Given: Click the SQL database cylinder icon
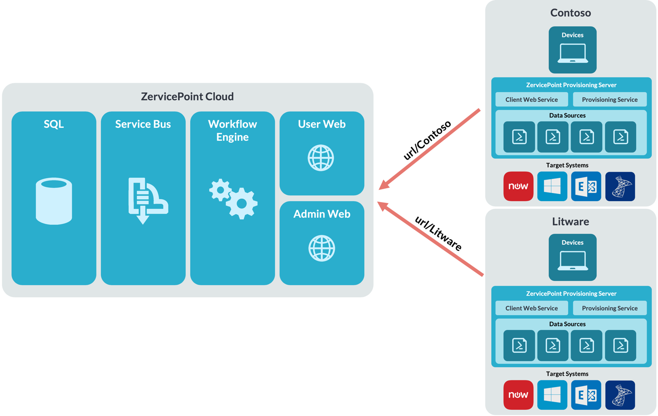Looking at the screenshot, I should coord(54,201).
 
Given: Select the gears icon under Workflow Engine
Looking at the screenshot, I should coord(233,199).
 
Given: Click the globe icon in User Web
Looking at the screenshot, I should coord(321,158).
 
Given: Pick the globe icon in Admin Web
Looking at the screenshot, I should coord(321,248).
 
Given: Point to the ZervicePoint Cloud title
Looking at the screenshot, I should coord(187,97).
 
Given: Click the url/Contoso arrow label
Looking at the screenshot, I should coord(426,140).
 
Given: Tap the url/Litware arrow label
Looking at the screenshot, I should coord(438,233).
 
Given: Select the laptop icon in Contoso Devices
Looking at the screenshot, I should coord(572,53).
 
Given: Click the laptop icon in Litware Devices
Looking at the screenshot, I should coord(572,261).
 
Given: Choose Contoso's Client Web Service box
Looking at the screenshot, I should coord(532,99).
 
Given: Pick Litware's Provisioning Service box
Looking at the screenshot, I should coord(610,308).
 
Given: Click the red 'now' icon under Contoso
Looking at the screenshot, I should coord(518,186).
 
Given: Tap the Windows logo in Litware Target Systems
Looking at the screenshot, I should coord(552,395).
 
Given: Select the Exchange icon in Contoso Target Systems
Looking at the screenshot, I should coord(586,186).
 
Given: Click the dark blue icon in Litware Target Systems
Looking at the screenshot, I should coord(620,395).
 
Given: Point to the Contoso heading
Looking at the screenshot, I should coord(571,13).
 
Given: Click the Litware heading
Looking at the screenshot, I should coord(571,222).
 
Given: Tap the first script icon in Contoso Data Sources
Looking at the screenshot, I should coord(519,137).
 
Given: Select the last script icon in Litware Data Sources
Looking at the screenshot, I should coord(620,346).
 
